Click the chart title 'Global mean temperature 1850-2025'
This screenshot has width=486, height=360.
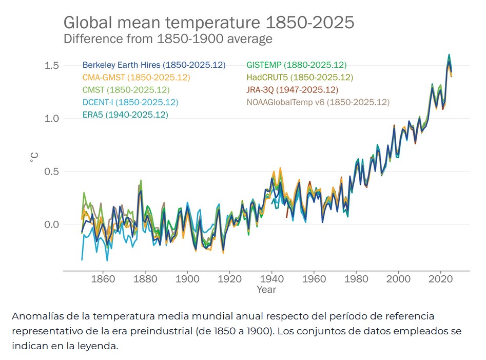point(208,23)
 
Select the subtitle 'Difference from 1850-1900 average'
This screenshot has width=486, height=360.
point(167,39)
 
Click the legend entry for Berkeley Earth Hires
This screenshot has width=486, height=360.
point(154,65)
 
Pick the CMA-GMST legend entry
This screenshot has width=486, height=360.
point(136,78)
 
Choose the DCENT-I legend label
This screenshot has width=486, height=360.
point(130,102)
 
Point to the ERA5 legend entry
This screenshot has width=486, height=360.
point(125,115)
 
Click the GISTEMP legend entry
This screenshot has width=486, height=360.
point(296,65)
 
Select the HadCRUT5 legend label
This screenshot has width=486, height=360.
point(300,78)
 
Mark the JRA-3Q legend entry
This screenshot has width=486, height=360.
point(292,90)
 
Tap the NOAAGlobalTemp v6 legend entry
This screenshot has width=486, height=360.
point(318,102)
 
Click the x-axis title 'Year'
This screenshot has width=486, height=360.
point(266,290)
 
